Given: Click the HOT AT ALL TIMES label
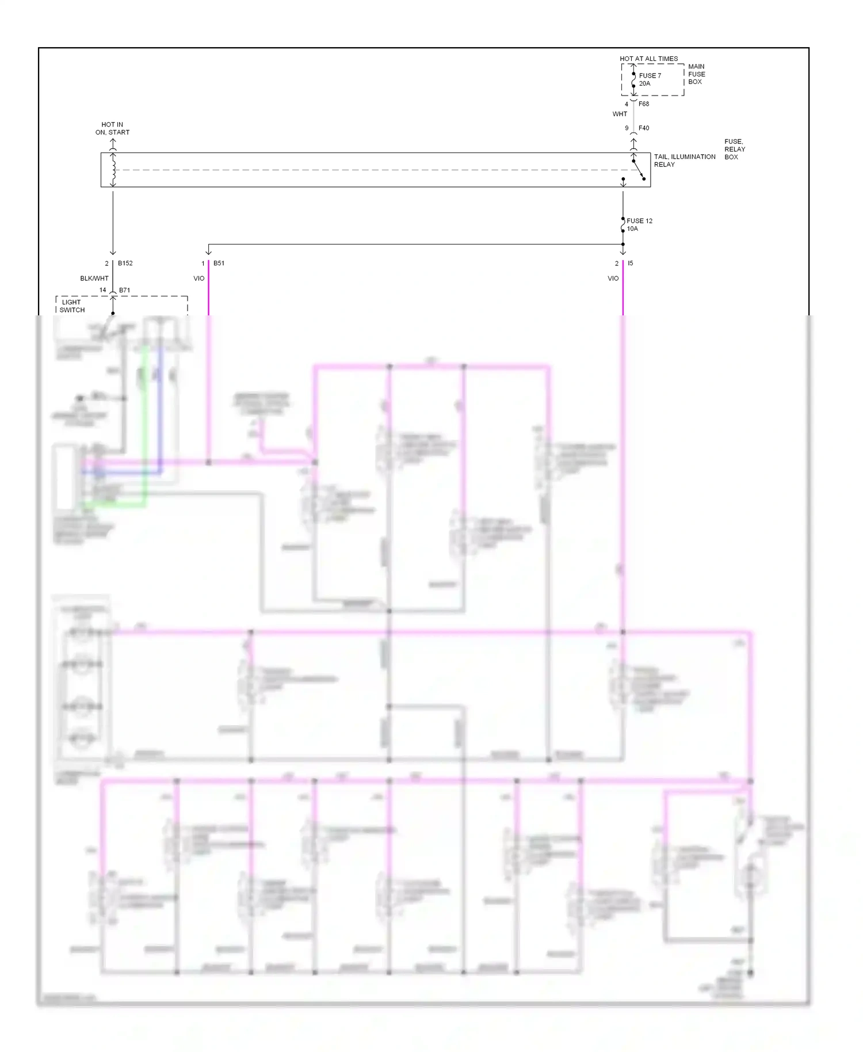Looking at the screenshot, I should (x=648, y=59).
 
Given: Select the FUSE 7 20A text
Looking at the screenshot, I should (x=650, y=79).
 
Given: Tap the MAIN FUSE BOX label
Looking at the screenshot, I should (x=696, y=74).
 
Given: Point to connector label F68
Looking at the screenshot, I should (x=644, y=104).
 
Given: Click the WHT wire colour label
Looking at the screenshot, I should (x=620, y=114).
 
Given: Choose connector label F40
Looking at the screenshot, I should (x=644, y=128).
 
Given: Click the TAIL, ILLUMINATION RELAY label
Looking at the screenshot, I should (x=684, y=161).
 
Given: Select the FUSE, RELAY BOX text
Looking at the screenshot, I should (x=734, y=149).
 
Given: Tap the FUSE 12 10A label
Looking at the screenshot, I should (x=639, y=224).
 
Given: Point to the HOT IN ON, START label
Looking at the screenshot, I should (x=112, y=128).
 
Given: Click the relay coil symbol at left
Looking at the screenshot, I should (x=113, y=170).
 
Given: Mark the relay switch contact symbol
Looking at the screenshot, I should (x=639, y=170).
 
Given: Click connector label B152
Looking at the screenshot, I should (x=125, y=264).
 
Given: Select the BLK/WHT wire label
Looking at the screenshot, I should (x=94, y=279).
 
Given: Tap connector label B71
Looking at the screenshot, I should (x=124, y=291).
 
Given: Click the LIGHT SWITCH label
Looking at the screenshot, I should (x=72, y=306).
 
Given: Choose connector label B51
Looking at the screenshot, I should (x=219, y=264).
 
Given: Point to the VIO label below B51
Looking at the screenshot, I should (x=198, y=279).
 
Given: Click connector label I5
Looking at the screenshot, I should (x=631, y=264).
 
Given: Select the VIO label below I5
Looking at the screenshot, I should (x=613, y=279).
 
